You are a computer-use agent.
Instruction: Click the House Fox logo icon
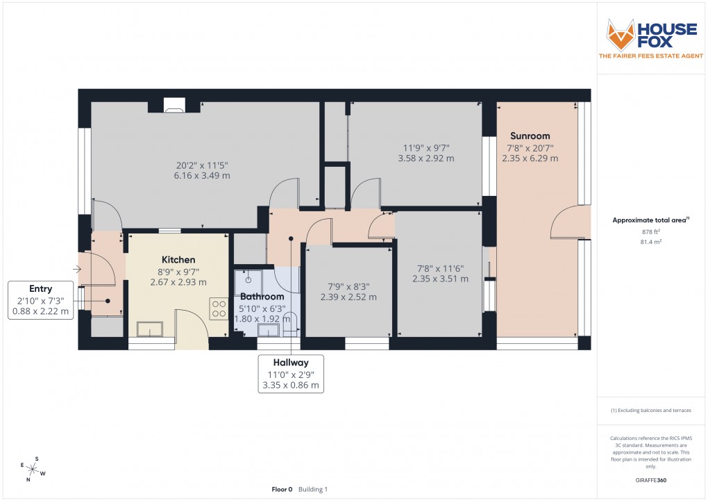(621, 35)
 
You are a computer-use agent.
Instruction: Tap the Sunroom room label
(530, 136)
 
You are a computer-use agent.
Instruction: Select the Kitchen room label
(178, 260)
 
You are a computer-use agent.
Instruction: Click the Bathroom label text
(262, 297)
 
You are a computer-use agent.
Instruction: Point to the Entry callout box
(40, 300)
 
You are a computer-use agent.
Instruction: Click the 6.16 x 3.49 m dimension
(202, 176)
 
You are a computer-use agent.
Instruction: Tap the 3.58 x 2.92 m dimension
(426, 158)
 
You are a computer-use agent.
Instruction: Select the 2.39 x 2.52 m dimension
(348, 297)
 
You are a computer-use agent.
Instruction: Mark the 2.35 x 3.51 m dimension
(440, 279)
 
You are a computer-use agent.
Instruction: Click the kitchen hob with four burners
(219, 308)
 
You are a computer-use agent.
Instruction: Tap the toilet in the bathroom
(291, 322)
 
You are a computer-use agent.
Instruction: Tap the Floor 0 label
(282, 489)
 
